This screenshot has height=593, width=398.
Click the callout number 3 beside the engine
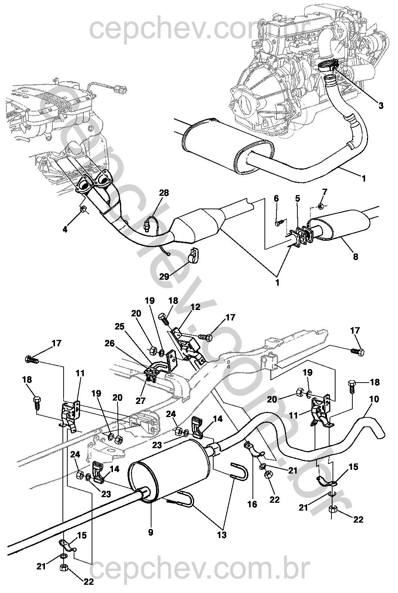click(380, 106)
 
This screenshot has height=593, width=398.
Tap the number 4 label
click(65, 229)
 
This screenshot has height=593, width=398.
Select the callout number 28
click(164, 193)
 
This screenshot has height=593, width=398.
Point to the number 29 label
click(164, 277)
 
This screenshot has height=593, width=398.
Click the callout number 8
click(356, 256)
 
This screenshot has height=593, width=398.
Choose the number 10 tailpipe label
click(374, 399)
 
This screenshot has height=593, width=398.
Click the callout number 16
click(252, 504)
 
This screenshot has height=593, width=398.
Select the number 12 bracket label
click(195, 307)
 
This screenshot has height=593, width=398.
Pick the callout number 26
click(110, 343)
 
